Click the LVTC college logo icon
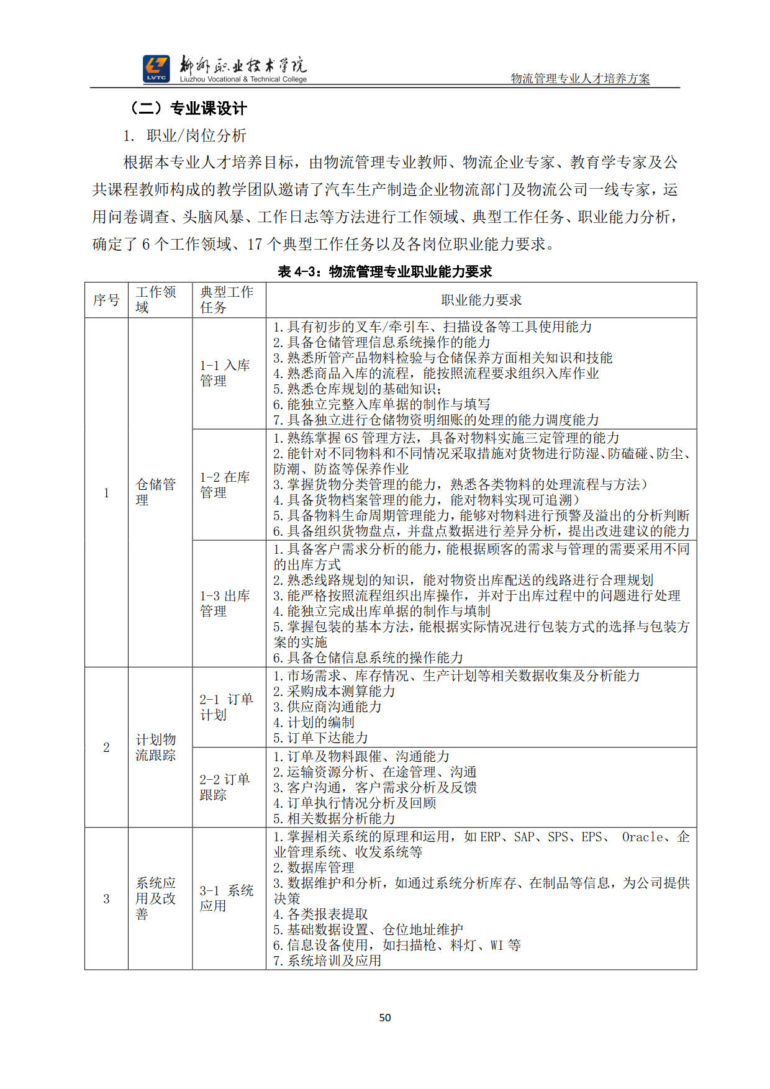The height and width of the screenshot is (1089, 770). pyautogui.click(x=156, y=68)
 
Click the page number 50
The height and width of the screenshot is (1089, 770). pyautogui.click(x=385, y=1017)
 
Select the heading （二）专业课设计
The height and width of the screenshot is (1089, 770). pyautogui.click(x=188, y=109)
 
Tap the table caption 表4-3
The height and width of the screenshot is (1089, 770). pyautogui.click(x=385, y=271)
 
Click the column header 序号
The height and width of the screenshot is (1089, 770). pyautogui.click(x=106, y=300)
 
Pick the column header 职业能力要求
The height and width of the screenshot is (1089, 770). pyautogui.click(x=481, y=300)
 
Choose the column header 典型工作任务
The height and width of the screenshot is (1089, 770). pyautogui.click(x=227, y=300)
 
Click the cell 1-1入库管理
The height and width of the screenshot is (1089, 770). pyautogui.click(x=225, y=373)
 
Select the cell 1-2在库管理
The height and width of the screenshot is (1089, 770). pyautogui.click(x=225, y=485)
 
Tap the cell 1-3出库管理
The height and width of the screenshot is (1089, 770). pyautogui.click(x=225, y=603)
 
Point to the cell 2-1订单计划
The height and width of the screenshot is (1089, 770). pyautogui.click(x=226, y=707)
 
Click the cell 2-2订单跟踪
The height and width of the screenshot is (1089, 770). pyautogui.click(x=225, y=787)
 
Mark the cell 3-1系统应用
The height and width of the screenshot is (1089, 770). pyautogui.click(x=226, y=898)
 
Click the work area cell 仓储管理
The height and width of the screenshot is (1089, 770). pyautogui.click(x=156, y=492)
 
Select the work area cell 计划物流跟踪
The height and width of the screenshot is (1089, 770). pyautogui.click(x=156, y=748)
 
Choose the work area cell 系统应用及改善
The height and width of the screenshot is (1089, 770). pyautogui.click(x=156, y=898)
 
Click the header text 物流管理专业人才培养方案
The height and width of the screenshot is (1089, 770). pyautogui.click(x=580, y=78)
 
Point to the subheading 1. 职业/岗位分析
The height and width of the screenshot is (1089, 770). pyautogui.click(x=185, y=136)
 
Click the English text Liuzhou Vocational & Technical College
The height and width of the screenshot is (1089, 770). pyautogui.click(x=243, y=79)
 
